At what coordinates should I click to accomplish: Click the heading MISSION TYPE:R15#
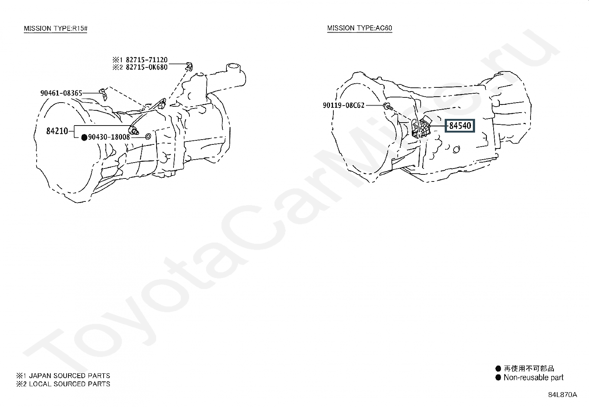pos(55,29)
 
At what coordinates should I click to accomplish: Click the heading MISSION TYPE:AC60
pos(360,28)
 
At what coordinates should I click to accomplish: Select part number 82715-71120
pos(147,60)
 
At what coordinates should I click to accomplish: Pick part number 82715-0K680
pos(147,67)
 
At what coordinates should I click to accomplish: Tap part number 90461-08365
pos(61,93)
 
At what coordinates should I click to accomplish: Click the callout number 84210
pos(57,131)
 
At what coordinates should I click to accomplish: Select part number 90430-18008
pos(109,137)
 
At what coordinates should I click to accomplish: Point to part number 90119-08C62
pos(343,105)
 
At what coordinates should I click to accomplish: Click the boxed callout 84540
pos(460,126)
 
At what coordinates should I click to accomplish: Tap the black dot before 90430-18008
pos(84,137)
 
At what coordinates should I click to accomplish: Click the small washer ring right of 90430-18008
pos(148,137)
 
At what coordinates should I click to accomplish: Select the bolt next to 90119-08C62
pos(388,107)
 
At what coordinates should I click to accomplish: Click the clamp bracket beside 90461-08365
pos(104,94)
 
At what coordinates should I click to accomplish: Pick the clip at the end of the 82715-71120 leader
pos(189,67)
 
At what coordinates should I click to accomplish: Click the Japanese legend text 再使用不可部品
pos(529,368)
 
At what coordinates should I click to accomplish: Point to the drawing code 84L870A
pos(562,395)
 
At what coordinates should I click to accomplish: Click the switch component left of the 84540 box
pos(421,129)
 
